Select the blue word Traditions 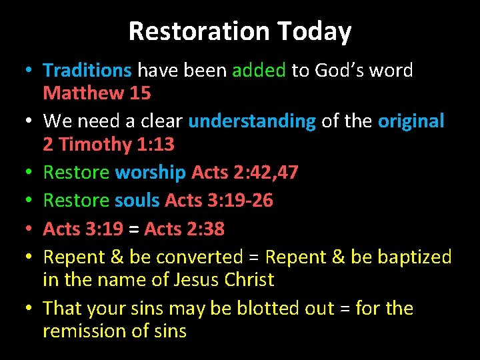click(x=87, y=70)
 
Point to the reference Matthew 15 click(x=97, y=93)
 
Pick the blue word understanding click(x=252, y=121)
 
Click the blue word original click(x=411, y=121)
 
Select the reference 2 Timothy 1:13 click(x=109, y=144)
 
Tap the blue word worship click(x=151, y=173)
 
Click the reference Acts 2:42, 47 click(x=245, y=173)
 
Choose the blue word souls click(x=137, y=201)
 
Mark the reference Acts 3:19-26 click(x=219, y=201)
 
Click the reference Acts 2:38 click(x=185, y=229)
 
